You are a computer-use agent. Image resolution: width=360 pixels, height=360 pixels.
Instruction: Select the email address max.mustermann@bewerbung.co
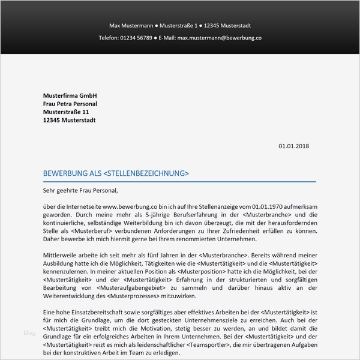click(219, 38)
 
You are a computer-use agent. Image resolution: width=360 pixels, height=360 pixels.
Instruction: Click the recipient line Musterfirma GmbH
click(70, 96)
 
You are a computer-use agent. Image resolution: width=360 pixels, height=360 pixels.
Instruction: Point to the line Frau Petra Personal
click(70, 104)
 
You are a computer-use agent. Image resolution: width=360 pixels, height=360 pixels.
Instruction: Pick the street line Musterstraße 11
click(66, 112)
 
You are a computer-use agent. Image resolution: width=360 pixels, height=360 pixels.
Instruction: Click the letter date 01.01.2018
click(295, 146)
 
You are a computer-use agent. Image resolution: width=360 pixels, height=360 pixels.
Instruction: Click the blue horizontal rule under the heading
click(179, 181)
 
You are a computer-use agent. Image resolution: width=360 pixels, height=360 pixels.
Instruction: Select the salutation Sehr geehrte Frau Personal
click(81, 191)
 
